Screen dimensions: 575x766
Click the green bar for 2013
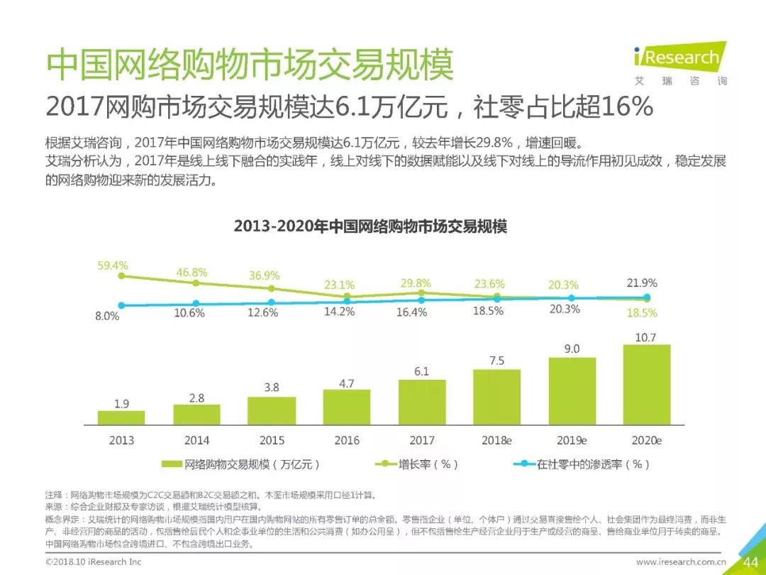click(x=121, y=417)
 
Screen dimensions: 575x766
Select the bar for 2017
click(x=422, y=402)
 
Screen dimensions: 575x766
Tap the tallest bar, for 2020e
click(x=646, y=384)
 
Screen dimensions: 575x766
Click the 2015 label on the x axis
click(x=272, y=440)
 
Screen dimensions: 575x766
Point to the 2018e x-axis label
click(x=496, y=440)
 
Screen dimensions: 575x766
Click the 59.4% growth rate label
click(x=113, y=266)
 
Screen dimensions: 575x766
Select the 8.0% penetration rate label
click(x=107, y=317)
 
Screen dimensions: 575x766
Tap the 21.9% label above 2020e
click(x=643, y=283)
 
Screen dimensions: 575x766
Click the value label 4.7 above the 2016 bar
click(x=347, y=383)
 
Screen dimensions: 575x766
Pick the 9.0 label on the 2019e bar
click(x=572, y=349)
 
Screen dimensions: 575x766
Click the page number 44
click(x=750, y=562)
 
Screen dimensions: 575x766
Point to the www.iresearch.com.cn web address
click(x=681, y=562)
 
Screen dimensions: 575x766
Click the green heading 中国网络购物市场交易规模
click(x=250, y=66)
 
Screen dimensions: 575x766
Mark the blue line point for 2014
click(x=196, y=303)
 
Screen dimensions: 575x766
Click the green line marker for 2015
click(x=272, y=288)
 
